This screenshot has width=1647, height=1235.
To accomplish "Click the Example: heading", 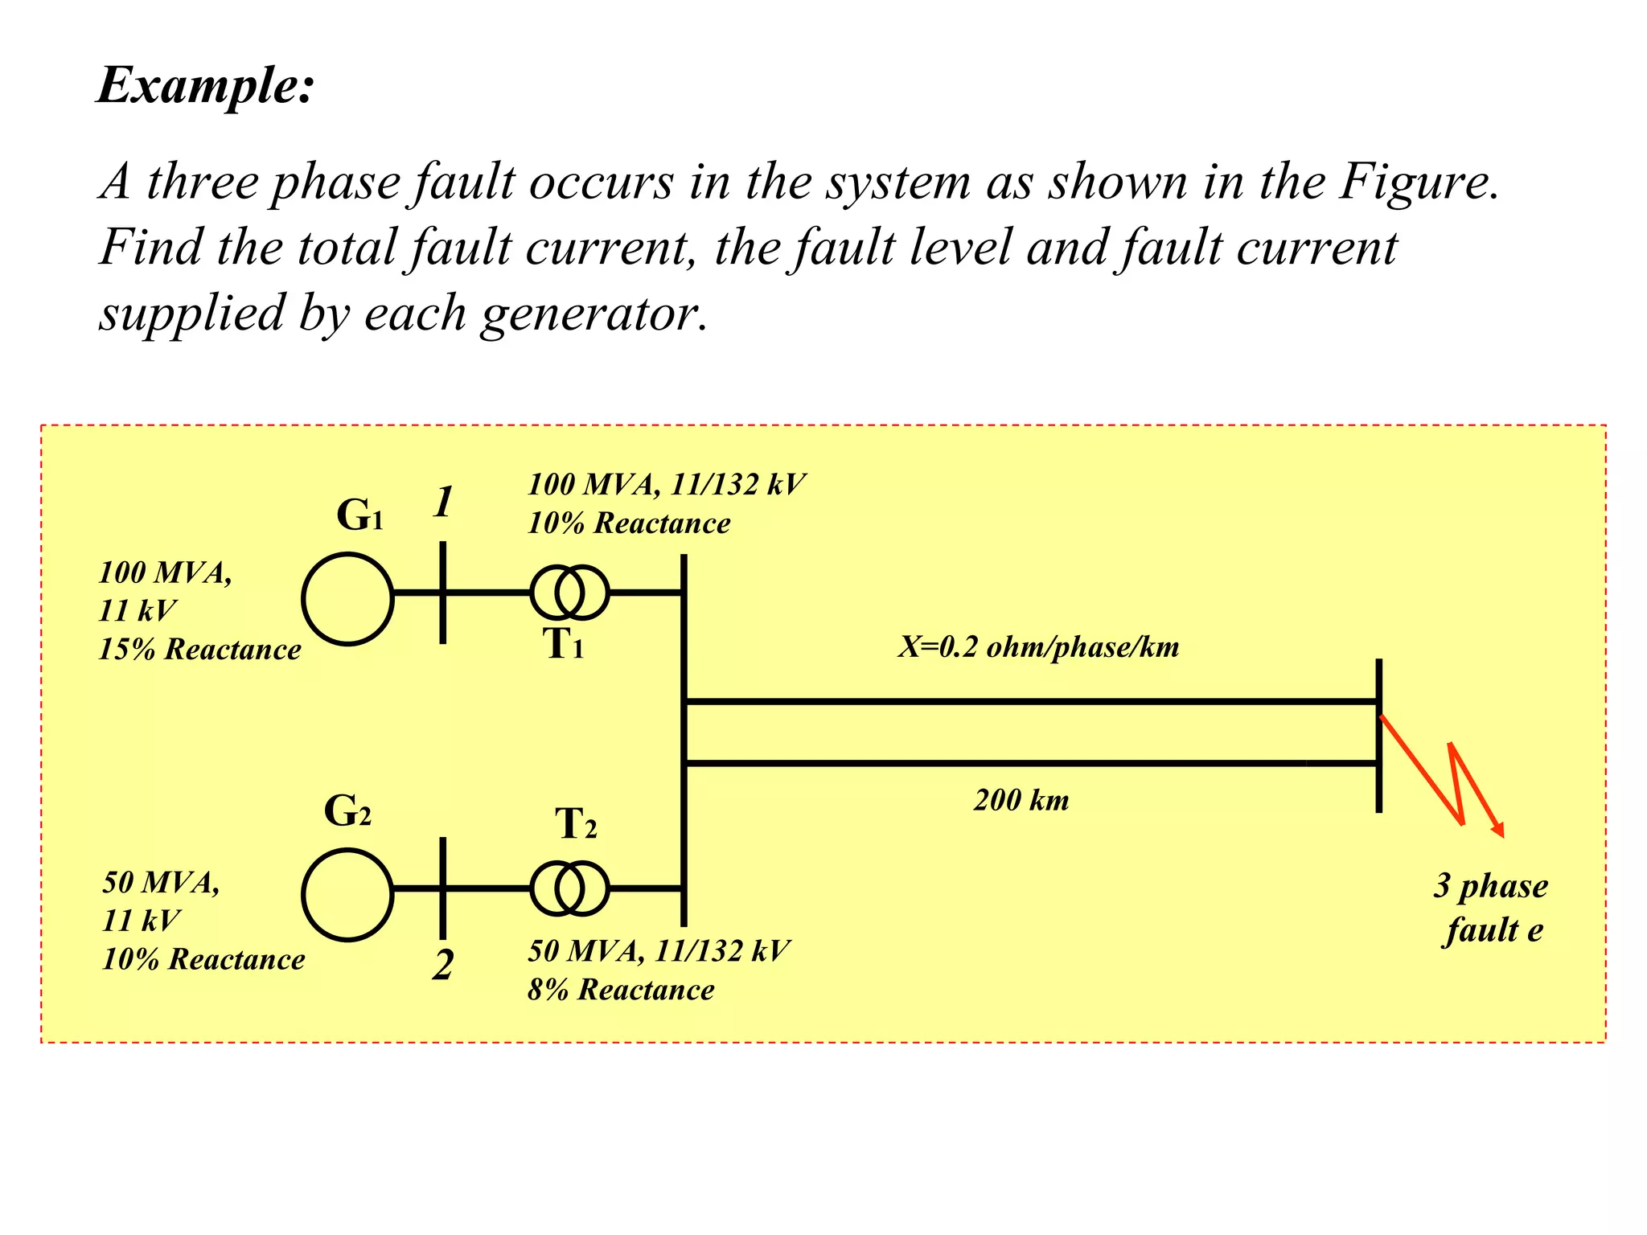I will point(205,85).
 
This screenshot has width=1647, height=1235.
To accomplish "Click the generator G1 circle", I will point(347,599).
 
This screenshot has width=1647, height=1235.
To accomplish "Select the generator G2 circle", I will point(347,895).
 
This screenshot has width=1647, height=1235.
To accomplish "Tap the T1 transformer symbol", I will point(569,593).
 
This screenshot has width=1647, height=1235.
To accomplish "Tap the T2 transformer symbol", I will point(569,888).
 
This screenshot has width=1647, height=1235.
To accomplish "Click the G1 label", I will point(359,515).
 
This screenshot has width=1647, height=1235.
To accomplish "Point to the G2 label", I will point(347,811).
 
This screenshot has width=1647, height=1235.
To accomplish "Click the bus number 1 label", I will point(443,503).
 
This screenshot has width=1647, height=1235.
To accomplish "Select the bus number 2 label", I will point(442,964).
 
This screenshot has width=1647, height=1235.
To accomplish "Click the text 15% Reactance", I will point(199,650).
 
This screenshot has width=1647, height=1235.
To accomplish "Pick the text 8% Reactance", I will point(620,990).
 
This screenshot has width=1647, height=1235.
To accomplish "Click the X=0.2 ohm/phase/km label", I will point(1038,647).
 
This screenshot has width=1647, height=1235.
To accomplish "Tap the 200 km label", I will point(1021,801).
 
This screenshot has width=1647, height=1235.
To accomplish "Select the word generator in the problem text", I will point(593,314).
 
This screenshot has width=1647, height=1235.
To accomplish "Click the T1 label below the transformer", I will point(563,644).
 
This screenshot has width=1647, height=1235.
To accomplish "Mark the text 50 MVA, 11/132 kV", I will point(658,951).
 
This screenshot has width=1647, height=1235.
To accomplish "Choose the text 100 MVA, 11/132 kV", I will point(666,485).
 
